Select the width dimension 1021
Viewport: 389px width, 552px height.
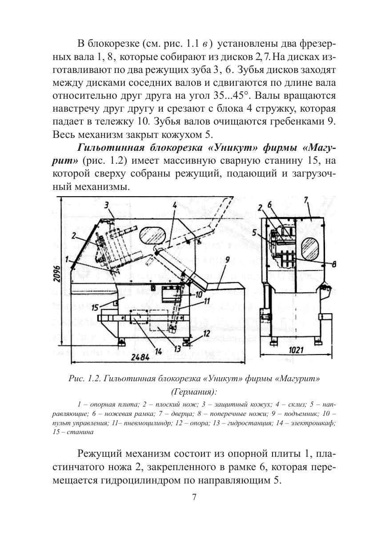(x=296, y=351)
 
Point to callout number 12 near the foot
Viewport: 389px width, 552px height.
(x=207, y=333)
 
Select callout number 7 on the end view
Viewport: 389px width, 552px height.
(x=306, y=201)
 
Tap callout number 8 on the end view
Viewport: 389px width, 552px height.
(x=334, y=264)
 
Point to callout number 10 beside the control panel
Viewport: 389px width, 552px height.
(x=198, y=294)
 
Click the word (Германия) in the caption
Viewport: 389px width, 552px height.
(x=194, y=392)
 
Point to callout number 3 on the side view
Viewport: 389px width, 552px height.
(x=107, y=205)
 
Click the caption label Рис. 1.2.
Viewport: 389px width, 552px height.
(x=83, y=379)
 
